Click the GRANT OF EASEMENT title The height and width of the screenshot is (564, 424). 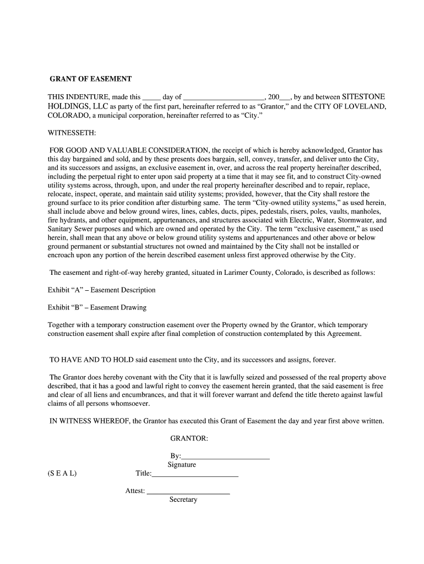click(x=91, y=79)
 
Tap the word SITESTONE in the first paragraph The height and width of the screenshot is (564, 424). click(x=363, y=96)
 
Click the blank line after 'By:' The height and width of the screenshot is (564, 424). click(x=226, y=456)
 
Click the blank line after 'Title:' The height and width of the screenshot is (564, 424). click(x=195, y=474)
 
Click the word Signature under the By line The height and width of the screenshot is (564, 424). click(x=182, y=465)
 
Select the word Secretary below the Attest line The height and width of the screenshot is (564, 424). click(x=183, y=500)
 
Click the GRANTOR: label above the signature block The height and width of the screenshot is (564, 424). click(x=189, y=438)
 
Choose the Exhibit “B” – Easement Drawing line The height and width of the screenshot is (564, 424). click(x=97, y=307)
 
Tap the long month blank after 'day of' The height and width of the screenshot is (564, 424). click(x=224, y=97)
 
